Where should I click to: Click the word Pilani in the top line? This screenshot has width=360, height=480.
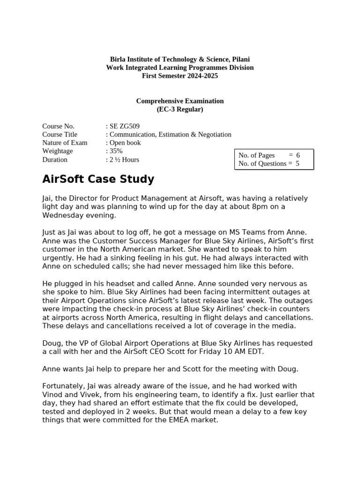pos(240,59)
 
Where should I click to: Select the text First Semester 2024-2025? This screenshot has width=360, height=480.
pos(180,76)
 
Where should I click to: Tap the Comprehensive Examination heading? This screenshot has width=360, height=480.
pos(180,101)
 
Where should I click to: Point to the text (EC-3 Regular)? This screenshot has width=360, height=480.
pos(180,109)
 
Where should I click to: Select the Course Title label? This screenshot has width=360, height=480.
pos(60,135)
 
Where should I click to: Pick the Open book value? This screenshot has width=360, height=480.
pos(125,143)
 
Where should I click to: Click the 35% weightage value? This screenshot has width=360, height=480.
pos(116,151)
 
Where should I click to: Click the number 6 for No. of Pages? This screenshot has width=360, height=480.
pos(298,155)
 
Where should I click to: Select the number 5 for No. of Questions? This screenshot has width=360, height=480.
pos(297,164)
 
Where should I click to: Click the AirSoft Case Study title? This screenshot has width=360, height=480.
pos(98,180)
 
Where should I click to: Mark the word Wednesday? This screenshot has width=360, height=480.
pos(62,215)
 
